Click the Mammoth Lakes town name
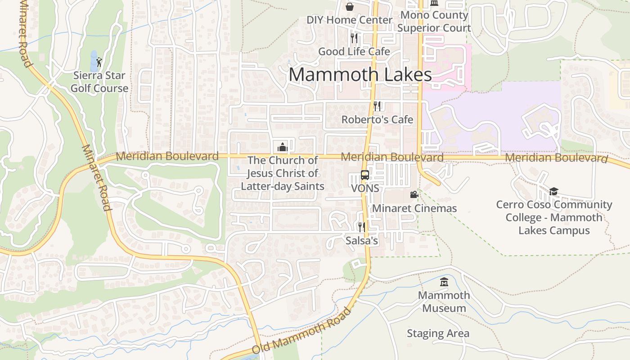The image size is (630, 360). (x=360, y=74)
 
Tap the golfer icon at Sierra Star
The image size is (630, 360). (x=99, y=62)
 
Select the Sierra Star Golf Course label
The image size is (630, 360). (x=99, y=82)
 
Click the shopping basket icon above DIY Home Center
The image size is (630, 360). (x=350, y=6)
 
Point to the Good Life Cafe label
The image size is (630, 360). (x=354, y=51)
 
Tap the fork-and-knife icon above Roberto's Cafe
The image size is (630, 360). (x=377, y=106)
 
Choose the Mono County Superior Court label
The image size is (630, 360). (x=434, y=21)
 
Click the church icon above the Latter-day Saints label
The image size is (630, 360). (x=282, y=147)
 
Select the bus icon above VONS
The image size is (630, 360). (x=365, y=175)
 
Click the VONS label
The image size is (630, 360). (x=365, y=188)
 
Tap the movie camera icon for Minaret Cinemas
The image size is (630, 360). (x=414, y=194)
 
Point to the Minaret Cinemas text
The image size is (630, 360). (x=414, y=208)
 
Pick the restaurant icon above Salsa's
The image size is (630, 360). (x=361, y=227)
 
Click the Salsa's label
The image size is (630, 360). (x=362, y=241)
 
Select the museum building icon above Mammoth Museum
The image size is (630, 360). (x=444, y=282)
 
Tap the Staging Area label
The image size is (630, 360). (x=438, y=333)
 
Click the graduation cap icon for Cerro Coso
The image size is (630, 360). (x=553, y=192)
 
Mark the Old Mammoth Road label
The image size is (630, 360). (x=301, y=331)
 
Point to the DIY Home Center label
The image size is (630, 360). (x=350, y=20)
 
